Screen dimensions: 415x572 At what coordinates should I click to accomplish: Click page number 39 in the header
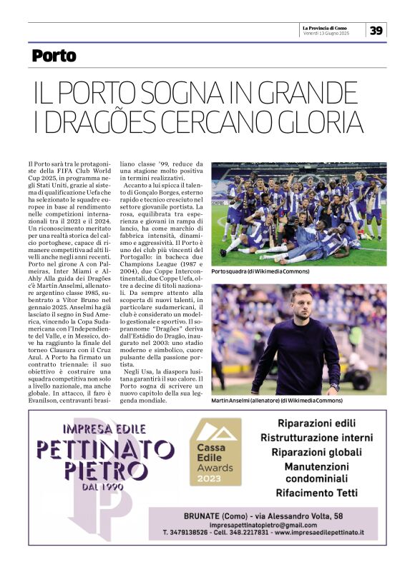pos(376,30)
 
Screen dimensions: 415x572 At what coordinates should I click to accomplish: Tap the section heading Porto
pos(54,56)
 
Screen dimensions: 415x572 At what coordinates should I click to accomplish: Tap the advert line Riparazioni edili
pos(316,423)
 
